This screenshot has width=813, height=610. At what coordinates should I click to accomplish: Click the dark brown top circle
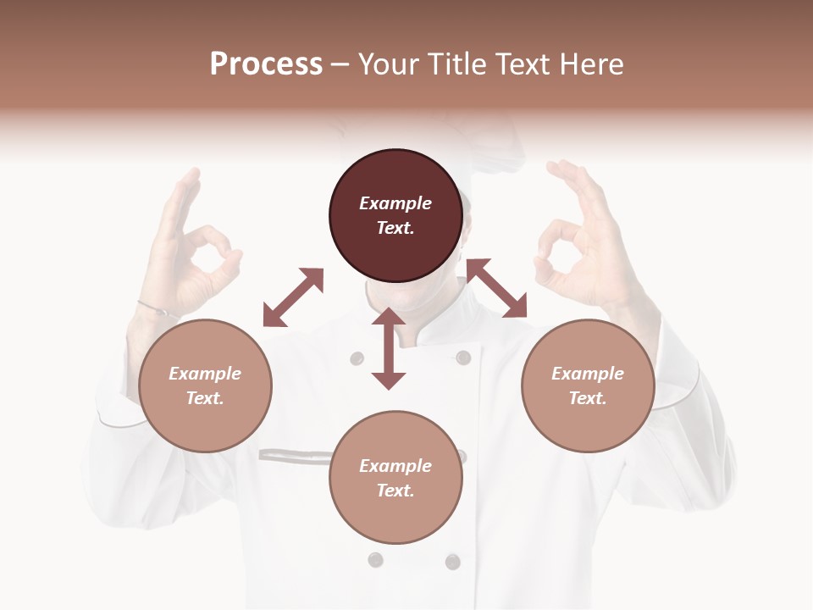click(395, 216)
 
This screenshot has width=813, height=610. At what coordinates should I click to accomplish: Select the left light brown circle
click(205, 385)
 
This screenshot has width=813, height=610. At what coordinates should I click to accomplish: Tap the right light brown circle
click(588, 385)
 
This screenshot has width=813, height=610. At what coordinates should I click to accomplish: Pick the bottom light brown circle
click(395, 478)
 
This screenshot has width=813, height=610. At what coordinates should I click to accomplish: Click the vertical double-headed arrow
click(389, 348)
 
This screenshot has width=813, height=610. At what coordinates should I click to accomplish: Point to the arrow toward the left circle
click(293, 297)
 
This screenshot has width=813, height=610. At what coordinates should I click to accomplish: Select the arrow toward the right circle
click(496, 288)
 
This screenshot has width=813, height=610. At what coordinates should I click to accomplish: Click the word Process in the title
click(266, 64)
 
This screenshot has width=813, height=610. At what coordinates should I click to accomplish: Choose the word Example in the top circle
click(395, 203)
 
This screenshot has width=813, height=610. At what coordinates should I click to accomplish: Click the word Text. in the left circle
click(205, 398)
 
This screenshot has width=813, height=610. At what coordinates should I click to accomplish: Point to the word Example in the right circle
click(588, 374)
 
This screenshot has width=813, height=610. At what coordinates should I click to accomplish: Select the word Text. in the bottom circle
click(395, 491)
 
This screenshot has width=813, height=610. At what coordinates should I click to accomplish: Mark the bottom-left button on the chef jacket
click(375, 560)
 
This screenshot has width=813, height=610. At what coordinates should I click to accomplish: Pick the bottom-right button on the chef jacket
click(453, 561)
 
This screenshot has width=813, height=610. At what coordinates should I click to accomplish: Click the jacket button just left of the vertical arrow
click(357, 358)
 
